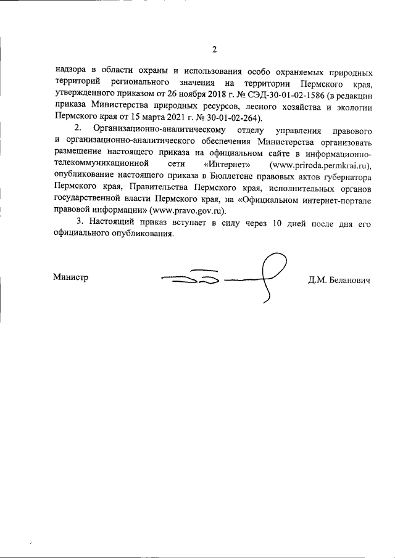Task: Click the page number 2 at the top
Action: [214, 49]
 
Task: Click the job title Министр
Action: [70, 277]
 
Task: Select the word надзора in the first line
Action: [70, 70]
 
